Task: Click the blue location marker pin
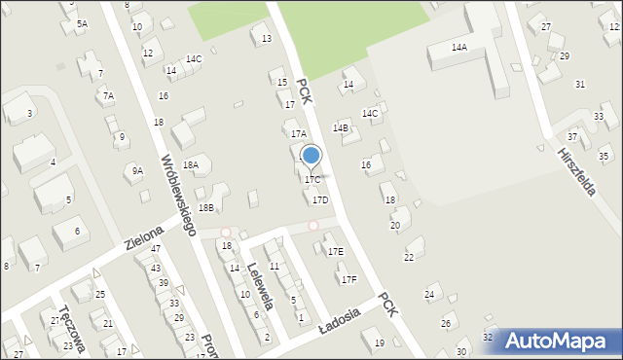pyautogui.click(x=311, y=156)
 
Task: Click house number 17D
pyautogui.click(x=319, y=199)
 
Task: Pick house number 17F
pyautogui.click(x=348, y=279)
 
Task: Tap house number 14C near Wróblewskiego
pyautogui.click(x=194, y=59)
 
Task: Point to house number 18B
pyautogui.click(x=205, y=207)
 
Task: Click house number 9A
pyautogui.click(x=138, y=171)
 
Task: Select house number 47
pyautogui.click(x=156, y=249)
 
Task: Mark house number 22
pyautogui.click(x=409, y=257)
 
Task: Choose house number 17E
pyautogui.click(x=335, y=251)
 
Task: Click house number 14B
pyautogui.click(x=340, y=127)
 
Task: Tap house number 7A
pyautogui.click(x=109, y=95)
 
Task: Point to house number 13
pyautogui.click(x=266, y=39)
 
